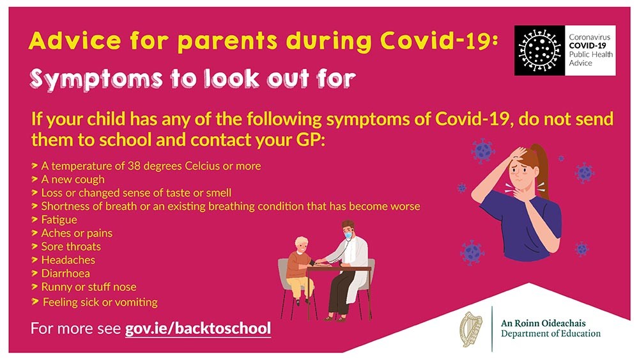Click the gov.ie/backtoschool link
click(198, 329)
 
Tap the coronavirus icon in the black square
click(539, 50)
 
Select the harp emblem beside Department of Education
click(471, 329)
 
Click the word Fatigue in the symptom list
click(59, 220)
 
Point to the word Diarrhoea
click(66, 273)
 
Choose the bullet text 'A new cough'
click(73, 180)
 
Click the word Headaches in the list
click(68, 260)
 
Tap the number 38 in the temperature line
click(134, 166)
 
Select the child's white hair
click(302, 242)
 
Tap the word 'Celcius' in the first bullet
click(202, 166)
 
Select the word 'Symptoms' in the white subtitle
click(96, 79)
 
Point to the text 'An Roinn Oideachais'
click(543, 324)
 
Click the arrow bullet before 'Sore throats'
click(35, 246)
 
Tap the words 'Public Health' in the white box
click(591, 54)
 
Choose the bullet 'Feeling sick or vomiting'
click(100, 302)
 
